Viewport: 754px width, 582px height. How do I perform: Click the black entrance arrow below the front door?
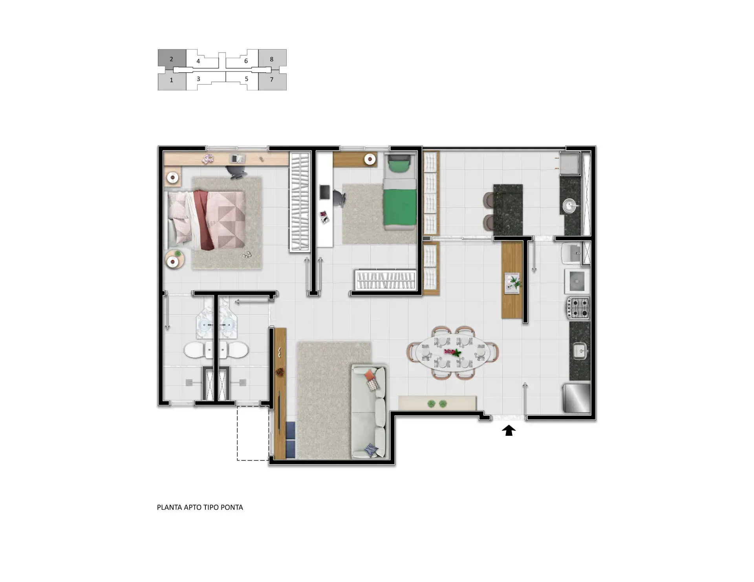click(x=509, y=430)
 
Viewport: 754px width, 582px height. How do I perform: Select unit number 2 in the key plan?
click(x=171, y=59)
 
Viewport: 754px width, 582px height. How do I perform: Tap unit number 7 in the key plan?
click(x=271, y=79)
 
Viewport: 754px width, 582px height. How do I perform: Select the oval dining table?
click(x=453, y=353)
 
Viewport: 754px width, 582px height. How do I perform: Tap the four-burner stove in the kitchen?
click(x=578, y=308)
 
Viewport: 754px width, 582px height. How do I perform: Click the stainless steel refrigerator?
click(x=577, y=398)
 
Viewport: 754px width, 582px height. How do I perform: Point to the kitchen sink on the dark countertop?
click(x=580, y=351)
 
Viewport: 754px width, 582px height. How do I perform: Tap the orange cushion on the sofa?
click(x=370, y=375)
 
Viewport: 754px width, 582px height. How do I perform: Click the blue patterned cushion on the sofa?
click(x=371, y=450)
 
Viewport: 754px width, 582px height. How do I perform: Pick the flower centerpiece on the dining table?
click(x=453, y=352)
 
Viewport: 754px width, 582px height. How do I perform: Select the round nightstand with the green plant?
click(x=174, y=260)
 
